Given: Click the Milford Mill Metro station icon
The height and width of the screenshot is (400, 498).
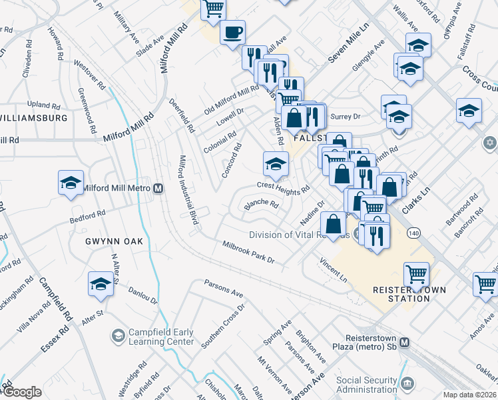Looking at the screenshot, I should [x=158, y=188].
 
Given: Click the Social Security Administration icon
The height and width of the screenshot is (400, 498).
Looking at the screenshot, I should [x=407, y=381].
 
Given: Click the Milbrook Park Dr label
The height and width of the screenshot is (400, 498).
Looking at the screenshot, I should [x=248, y=253].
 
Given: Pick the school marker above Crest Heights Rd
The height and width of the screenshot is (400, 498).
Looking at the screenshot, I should [x=276, y=162].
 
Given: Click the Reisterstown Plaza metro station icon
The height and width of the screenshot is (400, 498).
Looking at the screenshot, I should [x=405, y=341].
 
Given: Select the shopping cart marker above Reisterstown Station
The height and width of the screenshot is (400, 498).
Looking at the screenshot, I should [x=416, y=273].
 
